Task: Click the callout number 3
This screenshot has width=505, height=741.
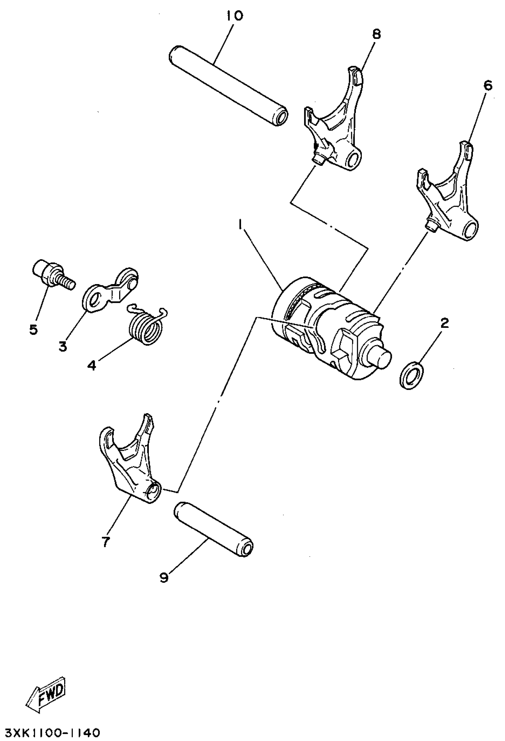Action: pyautogui.click(x=63, y=346)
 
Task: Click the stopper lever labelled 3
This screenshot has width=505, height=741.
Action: pyautogui.click(x=111, y=287)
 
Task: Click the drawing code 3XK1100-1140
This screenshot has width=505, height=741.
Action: pyautogui.click(x=50, y=732)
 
